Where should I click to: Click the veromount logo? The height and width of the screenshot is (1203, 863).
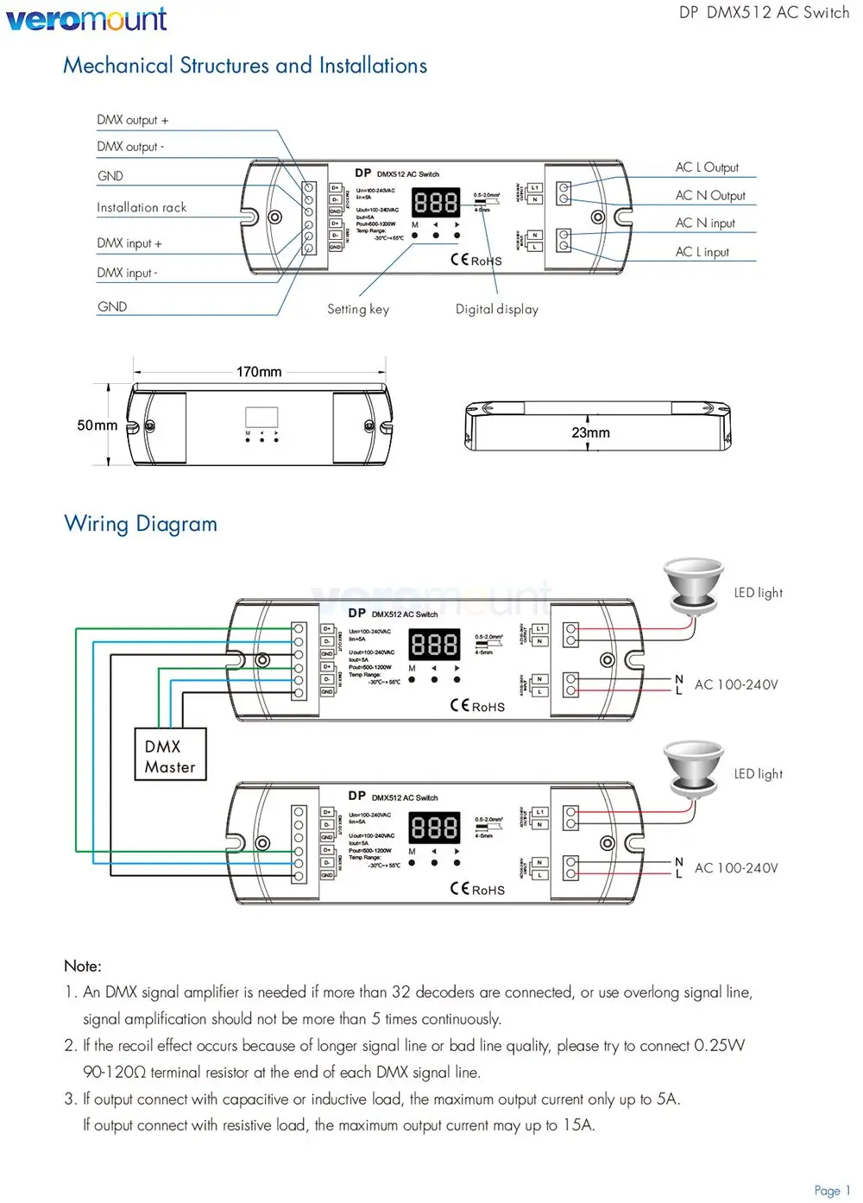tap(86, 18)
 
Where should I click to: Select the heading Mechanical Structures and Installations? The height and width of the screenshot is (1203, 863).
tap(245, 66)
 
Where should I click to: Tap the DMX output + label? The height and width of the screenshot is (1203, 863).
tap(132, 120)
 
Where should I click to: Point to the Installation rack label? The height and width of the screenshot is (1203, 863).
tap(142, 208)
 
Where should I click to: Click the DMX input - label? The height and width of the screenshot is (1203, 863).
tap(127, 273)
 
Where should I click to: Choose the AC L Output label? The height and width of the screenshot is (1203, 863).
tap(707, 167)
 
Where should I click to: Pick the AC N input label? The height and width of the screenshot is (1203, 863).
tap(705, 224)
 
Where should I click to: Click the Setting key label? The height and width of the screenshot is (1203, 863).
tap(358, 309)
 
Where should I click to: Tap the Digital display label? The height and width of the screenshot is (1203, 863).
tap(497, 309)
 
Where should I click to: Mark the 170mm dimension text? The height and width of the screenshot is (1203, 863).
tap(259, 372)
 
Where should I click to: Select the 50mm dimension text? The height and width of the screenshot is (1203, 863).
tap(97, 425)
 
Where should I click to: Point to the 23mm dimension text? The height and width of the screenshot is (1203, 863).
tap(590, 432)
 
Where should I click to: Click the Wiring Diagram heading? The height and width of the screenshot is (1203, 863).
tap(141, 524)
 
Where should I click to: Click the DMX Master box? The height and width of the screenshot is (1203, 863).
tap(170, 756)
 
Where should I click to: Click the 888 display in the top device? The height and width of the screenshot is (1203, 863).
tap(436, 203)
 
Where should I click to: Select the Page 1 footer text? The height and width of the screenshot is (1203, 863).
tap(832, 1190)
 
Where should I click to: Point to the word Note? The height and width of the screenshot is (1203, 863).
tap(83, 966)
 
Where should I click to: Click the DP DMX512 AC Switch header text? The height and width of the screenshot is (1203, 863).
tap(764, 13)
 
